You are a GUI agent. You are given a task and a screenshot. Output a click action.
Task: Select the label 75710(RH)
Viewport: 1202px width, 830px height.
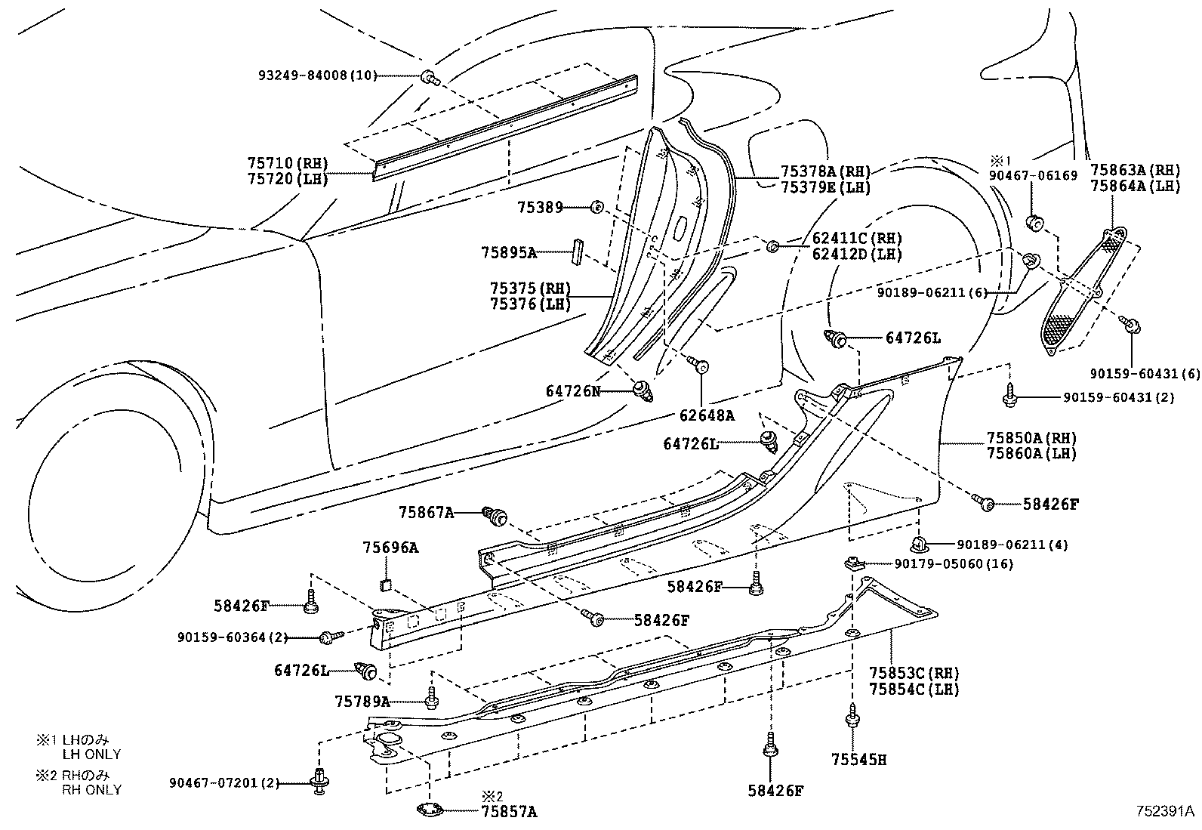(x=288, y=162)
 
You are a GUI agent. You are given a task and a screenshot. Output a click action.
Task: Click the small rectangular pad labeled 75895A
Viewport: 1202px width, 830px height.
(x=578, y=251)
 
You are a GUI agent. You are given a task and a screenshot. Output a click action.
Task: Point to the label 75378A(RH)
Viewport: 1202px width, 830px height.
(x=825, y=171)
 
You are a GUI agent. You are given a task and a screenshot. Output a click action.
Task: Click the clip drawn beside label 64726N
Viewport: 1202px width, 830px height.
(x=644, y=390)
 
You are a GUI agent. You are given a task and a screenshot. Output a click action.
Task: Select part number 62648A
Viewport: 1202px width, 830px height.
(x=707, y=415)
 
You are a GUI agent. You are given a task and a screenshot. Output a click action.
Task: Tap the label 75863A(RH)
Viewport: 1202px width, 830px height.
(x=1135, y=170)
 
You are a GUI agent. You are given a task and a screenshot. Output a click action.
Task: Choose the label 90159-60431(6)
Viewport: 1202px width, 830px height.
(x=1145, y=374)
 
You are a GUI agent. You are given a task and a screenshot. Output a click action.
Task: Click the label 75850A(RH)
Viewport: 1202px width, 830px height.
(x=1031, y=438)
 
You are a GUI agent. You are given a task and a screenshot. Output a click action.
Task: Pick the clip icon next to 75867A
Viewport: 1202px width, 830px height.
(x=495, y=515)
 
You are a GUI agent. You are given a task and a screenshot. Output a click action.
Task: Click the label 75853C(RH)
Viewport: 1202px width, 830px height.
(x=914, y=673)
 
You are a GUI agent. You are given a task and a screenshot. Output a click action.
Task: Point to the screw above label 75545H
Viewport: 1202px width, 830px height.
(x=852, y=715)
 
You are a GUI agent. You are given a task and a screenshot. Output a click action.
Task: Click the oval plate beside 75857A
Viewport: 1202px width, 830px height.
(x=428, y=810)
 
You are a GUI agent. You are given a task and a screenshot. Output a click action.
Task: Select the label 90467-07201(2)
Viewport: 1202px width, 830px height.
(x=224, y=785)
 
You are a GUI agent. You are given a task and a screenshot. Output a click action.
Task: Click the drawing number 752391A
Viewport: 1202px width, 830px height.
(x=1165, y=811)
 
